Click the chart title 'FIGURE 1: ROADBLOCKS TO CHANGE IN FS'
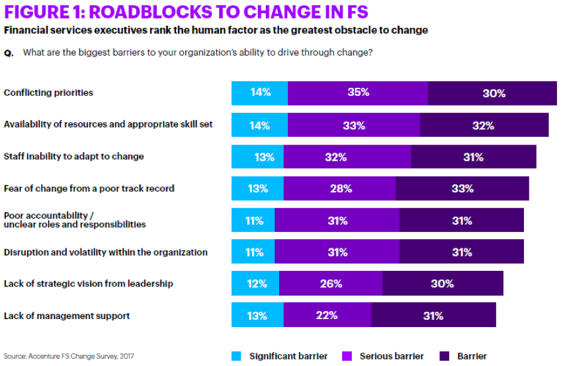(x=185, y=13)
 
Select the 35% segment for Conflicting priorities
(x=358, y=93)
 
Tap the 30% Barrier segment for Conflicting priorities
(x=493, y=93)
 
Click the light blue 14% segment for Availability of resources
(x=259, y=125)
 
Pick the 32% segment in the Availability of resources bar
(x=484, y=125)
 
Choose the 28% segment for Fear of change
(x=339, y=188)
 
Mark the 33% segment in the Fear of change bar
(x=462, y=188)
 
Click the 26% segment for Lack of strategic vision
(x=331, y=283)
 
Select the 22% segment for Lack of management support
(x=327, y=315)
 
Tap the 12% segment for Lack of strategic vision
(x=255, y=283)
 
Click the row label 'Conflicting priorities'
(x=48, y=92)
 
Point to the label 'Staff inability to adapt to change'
(x=73, y=157)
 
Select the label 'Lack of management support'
(x=66, y=316)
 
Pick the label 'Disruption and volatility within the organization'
(x=105, y=252)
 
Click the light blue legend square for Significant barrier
(x=236, y=356)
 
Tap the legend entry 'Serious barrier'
(x=391, y=356)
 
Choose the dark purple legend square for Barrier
(x=445, y=356)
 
